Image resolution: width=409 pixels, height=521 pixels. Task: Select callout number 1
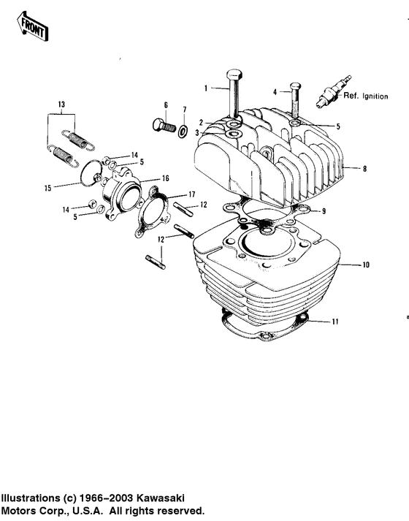207,88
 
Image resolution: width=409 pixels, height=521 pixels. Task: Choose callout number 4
276,92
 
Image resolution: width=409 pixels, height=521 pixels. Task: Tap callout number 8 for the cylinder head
364,169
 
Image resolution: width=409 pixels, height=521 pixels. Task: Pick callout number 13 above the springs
61,104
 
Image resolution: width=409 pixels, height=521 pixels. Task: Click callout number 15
47,188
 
